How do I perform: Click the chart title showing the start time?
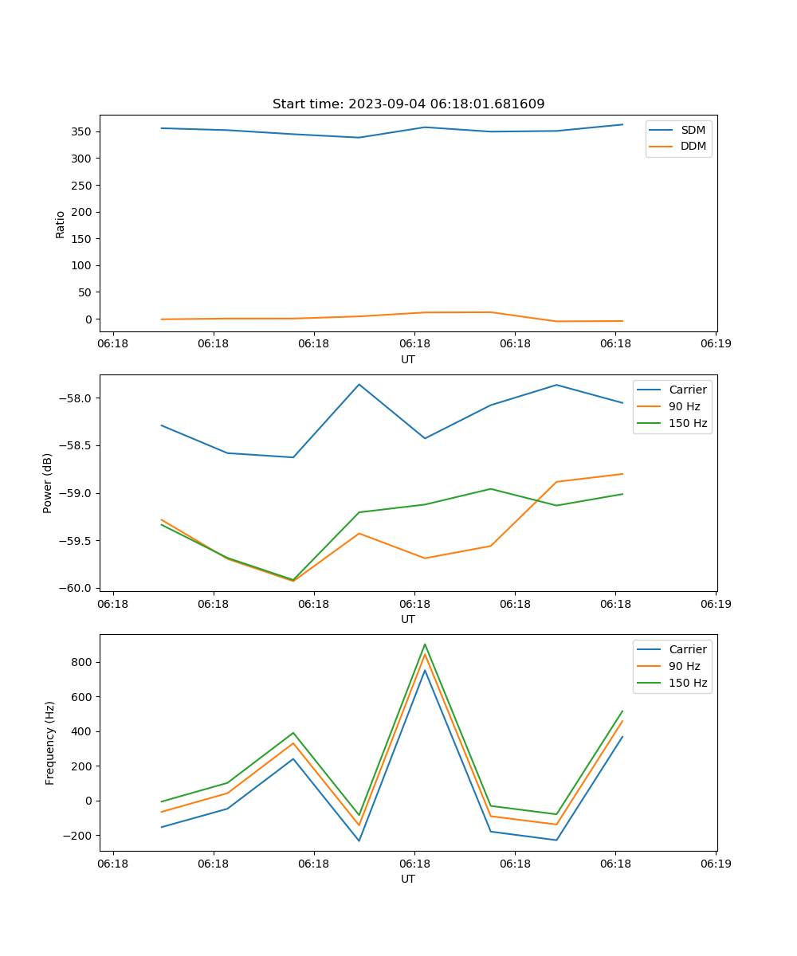[408, 104]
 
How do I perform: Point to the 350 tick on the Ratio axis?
[82, 131]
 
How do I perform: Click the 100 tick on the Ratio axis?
[82, 265]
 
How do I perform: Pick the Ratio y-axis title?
[60, 224]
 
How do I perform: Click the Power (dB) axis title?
[48, 483]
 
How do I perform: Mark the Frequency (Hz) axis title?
[49, 742]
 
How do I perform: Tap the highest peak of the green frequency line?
[425, 645]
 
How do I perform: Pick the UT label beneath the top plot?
[408, 359]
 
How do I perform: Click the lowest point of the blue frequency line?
[359, 840]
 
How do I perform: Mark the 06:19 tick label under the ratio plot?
[715, 344]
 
